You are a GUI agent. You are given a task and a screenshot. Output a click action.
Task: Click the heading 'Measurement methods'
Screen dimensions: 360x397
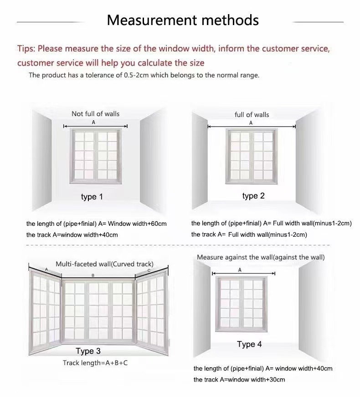[x=183, y=20]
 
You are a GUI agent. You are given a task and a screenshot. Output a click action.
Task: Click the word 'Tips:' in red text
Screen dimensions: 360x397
[x=26, y=49]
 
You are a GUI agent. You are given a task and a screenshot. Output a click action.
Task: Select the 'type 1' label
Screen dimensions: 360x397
[x=92, y=197]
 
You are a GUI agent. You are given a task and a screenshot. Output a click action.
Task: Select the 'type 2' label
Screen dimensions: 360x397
[x=253, y=196]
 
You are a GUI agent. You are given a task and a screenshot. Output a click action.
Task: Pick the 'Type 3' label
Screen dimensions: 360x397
[x=88, y=351]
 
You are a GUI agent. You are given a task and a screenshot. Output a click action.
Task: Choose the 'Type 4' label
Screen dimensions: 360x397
[x=249, y=344]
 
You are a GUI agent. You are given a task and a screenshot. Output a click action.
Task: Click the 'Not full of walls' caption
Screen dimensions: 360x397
[x=96, y=114]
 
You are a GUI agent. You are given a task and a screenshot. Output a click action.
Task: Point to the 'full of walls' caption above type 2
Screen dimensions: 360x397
[x=252, y=115]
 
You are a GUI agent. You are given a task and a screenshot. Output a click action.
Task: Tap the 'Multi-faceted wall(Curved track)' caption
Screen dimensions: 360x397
[x=104, y=264]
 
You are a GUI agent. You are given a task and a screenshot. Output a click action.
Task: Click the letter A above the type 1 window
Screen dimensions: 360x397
[x=93, y=122]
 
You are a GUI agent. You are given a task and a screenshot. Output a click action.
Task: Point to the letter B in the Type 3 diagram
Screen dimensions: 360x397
[x=93, y=275]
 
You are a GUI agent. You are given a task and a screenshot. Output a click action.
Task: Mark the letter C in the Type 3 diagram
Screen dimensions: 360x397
[x=149, y=270]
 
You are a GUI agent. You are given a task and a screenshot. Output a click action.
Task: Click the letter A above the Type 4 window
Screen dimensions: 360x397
[x=240, y=270]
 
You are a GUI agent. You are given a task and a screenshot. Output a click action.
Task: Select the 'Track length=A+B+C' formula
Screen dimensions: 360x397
[x=95, y=363]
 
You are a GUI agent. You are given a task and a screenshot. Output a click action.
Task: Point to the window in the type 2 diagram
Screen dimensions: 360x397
[x=252, y=156]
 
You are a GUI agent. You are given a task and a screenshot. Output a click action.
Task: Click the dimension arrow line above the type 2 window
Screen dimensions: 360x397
[x=252, y=127]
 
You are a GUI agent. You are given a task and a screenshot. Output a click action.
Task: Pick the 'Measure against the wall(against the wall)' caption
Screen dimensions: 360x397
[x=261, y=257]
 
